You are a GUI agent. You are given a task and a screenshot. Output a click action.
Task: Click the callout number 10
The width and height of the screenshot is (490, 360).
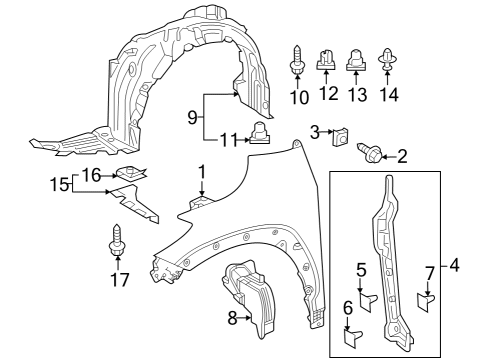[299, 97]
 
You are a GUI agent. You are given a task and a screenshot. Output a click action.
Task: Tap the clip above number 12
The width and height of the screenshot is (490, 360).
[326, 60]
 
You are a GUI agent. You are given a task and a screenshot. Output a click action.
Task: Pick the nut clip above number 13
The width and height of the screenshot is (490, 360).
[356, 60]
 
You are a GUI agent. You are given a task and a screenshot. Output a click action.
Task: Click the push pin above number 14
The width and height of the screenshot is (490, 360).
[387, 60]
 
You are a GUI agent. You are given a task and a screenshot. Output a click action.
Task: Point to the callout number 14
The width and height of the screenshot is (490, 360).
[389, 95]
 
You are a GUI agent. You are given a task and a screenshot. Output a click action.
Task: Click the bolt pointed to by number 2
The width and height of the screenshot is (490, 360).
[369, 154]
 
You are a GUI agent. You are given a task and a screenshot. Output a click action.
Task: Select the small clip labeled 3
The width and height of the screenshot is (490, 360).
[340, 137]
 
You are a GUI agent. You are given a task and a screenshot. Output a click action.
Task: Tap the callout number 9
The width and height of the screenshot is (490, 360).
[192, 117]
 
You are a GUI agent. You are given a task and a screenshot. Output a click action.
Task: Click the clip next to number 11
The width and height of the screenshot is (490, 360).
[259, 133]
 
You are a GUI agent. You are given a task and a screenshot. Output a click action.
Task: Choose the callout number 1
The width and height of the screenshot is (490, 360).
[202, 173]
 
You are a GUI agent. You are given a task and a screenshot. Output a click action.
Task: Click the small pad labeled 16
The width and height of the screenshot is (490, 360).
[131, 173]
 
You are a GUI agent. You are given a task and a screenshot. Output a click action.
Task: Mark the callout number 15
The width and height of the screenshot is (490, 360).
[60, 184]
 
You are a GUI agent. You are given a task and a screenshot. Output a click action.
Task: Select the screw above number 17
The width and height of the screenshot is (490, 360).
[117, 241]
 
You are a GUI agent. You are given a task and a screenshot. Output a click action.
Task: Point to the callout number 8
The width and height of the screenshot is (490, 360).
[232, 319]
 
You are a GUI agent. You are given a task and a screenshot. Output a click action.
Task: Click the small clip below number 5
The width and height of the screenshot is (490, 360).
[368, 302]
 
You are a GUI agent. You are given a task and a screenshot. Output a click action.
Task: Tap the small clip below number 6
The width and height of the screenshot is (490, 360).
[353, 338]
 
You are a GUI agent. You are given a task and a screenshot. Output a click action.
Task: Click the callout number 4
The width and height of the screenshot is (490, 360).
[454, 266]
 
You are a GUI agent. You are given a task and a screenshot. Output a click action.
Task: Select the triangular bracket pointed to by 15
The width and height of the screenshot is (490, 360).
[135, 204]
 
